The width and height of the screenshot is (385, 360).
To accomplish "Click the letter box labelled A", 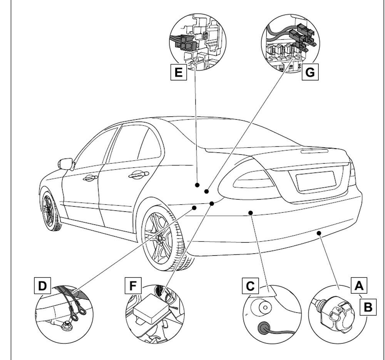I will click(358, 286).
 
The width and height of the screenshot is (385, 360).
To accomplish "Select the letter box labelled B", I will click(368, 307).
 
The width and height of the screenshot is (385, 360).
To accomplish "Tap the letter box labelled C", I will click(250, 286).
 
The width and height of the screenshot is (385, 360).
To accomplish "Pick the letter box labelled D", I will click(42, 286).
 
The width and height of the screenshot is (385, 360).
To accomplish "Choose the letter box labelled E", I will click(178, 72).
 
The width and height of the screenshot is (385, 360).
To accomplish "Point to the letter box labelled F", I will click(133, 286).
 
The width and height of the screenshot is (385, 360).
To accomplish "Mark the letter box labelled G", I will click(310, 72).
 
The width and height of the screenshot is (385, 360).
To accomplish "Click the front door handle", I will click(89, 178).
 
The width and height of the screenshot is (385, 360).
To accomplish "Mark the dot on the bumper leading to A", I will click(319, 233).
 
